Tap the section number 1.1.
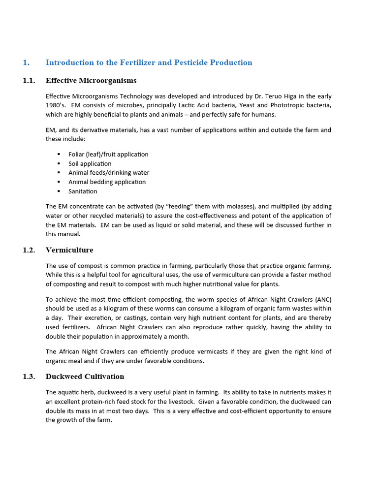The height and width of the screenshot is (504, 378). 29,80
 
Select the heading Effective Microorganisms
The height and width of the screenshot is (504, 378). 91,80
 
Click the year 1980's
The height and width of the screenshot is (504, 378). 56,106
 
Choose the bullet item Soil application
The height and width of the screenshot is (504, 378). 90,163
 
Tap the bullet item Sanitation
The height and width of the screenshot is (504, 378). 83,191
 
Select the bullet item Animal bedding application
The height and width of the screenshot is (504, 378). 107,182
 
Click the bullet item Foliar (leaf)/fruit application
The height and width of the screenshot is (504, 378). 108,155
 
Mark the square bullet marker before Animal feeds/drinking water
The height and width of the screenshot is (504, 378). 59,173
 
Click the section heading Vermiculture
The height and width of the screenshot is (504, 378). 69,250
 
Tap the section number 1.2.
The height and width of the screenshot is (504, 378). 29,250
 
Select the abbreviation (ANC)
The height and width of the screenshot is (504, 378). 320,300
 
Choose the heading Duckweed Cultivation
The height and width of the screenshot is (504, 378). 85,377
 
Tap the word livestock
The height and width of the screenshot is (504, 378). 177,402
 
